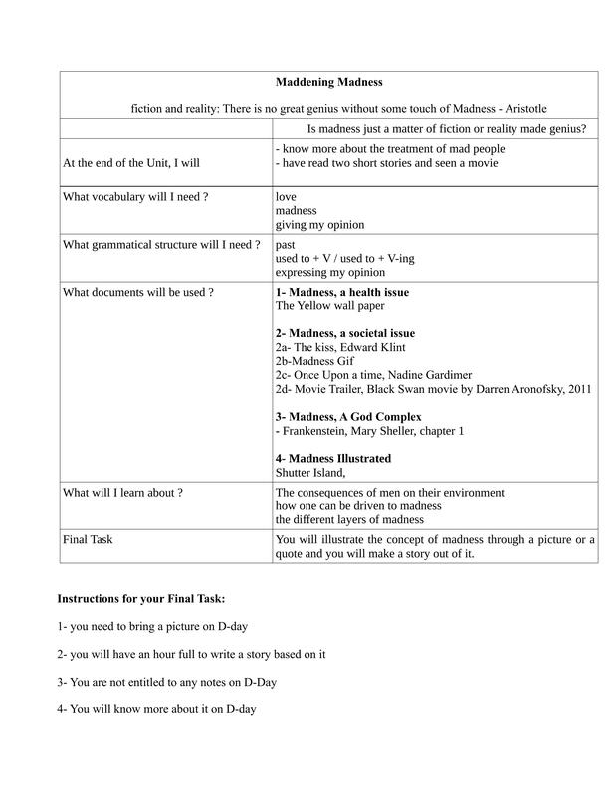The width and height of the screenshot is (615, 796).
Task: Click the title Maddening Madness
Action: [327, 82]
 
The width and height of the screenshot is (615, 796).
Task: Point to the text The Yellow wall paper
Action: [330, 306]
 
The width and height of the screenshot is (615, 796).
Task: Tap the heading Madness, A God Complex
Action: [348, 416]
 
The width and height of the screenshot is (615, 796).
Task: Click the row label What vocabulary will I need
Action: [135, 197]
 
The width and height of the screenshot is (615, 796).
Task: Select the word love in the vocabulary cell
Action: [287, 197]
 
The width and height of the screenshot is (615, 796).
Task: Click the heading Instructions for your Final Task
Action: [140, 599]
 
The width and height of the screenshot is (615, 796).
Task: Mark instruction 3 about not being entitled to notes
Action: [166, 682]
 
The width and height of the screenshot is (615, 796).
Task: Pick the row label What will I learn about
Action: [122, 493]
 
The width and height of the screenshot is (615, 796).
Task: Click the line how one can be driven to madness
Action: [357, 506]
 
